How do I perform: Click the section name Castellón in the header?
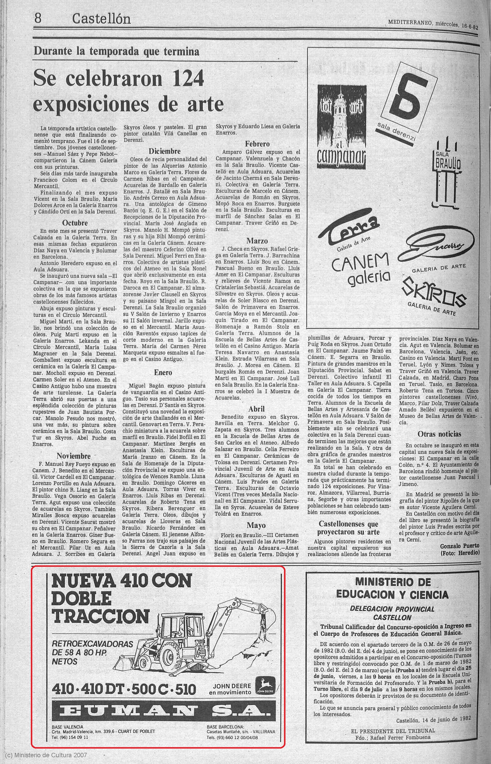coord(101,19)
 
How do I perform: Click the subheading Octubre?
coord(75,222)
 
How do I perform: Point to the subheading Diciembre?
coord(165,151)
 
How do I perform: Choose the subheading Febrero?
coord(257,144)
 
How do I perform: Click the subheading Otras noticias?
coord(439,434)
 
